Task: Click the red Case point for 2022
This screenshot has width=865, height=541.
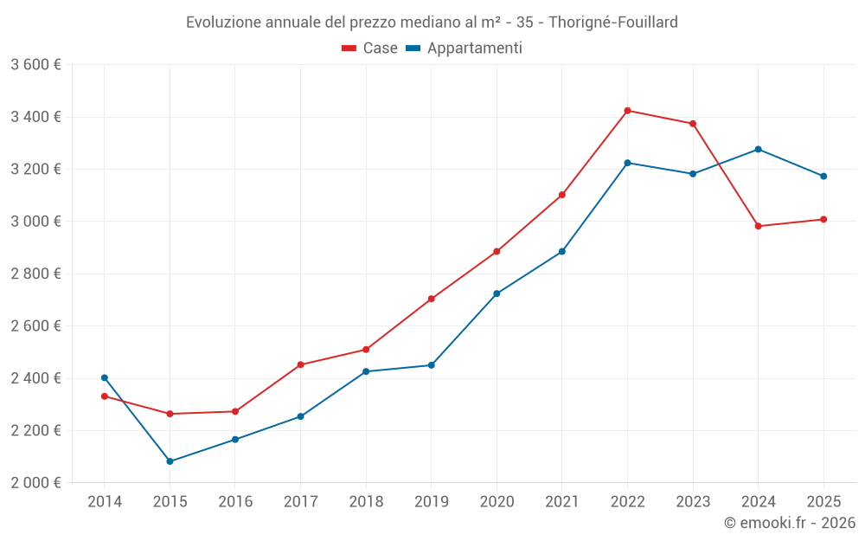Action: pyautogui.click(x=627, y=111)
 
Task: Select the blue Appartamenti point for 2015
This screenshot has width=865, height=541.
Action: pyautogui.click(x=170, y=461)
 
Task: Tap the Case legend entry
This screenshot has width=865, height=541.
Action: pyautogui.click(x=369, y=48)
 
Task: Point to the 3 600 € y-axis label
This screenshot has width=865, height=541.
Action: pyautogui.click(x=35, y=65)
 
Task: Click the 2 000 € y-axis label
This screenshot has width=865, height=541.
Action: pyautogui.click(x=35, y=483)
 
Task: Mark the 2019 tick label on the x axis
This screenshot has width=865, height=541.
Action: pyautogui.click(x=432, y=501)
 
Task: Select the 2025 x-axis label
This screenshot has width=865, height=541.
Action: pyautogui.click(x=823, y=501)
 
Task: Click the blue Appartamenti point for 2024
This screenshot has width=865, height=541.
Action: pyautogui.click(x=759, y=149)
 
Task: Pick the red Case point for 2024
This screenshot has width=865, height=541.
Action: pyautogui.click(x=759, y=226)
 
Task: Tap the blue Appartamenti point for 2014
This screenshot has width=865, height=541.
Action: pyautogui.click(x=105, y=377)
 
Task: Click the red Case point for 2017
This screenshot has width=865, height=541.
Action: pyautogui.click(x=301, y=364)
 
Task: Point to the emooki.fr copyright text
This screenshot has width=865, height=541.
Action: pyautogui.click(x=789, y=523)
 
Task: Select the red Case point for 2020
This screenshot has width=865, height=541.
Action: pyautogui.click(x=497, y=252)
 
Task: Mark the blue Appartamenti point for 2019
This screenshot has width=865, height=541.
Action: pyautogui.click(x=432, y=365)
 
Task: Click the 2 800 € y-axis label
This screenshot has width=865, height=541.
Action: pyautogui.click(x=35, y=274)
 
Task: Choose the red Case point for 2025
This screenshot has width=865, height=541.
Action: pyautogui.click(x=823, y=219)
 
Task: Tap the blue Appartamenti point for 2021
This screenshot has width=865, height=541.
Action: pyautogui.click(x=562, y=252)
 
